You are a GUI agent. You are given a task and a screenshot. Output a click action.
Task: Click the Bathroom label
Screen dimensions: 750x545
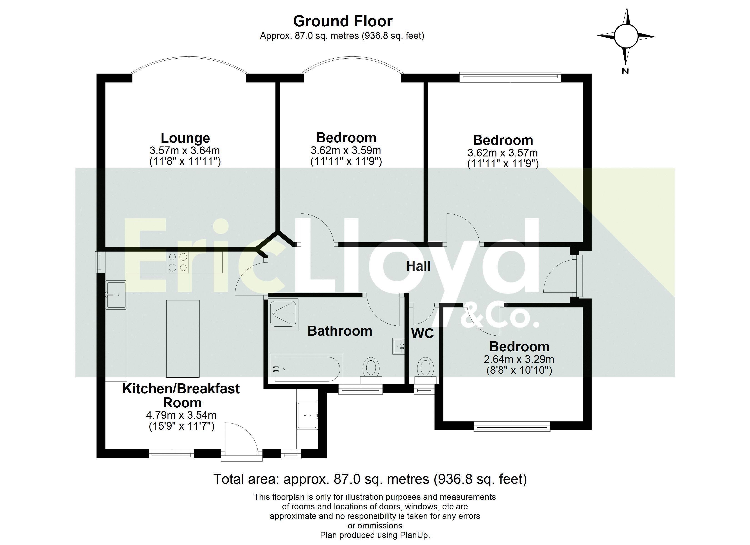point(340,331)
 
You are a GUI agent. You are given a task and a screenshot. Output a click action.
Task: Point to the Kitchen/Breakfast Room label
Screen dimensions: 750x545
point(181,396)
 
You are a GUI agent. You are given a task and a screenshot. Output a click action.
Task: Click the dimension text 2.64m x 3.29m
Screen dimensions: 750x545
point(519,359)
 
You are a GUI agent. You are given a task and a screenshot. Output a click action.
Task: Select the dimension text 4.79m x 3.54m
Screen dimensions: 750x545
point(181,415)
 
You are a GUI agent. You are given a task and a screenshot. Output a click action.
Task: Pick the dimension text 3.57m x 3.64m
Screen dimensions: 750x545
point(185,151)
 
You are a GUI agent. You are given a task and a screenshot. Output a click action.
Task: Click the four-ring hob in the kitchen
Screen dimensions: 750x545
point(178,262)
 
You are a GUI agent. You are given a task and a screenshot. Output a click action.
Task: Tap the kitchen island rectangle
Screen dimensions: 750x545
point(183,339)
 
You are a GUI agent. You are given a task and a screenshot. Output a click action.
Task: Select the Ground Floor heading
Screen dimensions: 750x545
point(342,21)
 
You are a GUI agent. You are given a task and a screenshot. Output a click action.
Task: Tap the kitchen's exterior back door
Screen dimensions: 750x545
point(242,441)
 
